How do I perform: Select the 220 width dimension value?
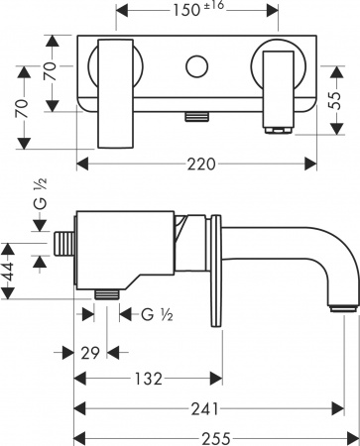pyautogui.click(x=198, y=165)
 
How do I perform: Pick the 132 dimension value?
pyautogui.click(x=149, y=379)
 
